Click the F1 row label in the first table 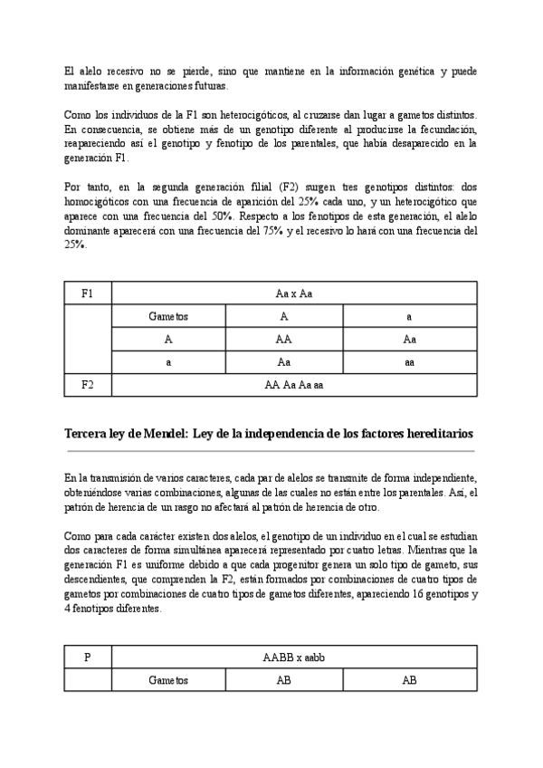(x=87, y=293)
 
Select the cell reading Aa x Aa (x=293, y=293)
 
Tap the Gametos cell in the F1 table (x=168, y=317)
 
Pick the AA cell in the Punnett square (x=283, y=340)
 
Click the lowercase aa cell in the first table (x=409, y=361)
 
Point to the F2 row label (x=87, y=384)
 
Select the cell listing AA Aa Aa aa (x=293, y=384)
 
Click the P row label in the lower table (x=87, y=658)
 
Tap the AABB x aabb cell (x=293, y=658)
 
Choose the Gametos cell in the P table (x=168, y=680)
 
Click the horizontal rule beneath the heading (x=270, y=450)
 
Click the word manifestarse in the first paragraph (x=92, y=84)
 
